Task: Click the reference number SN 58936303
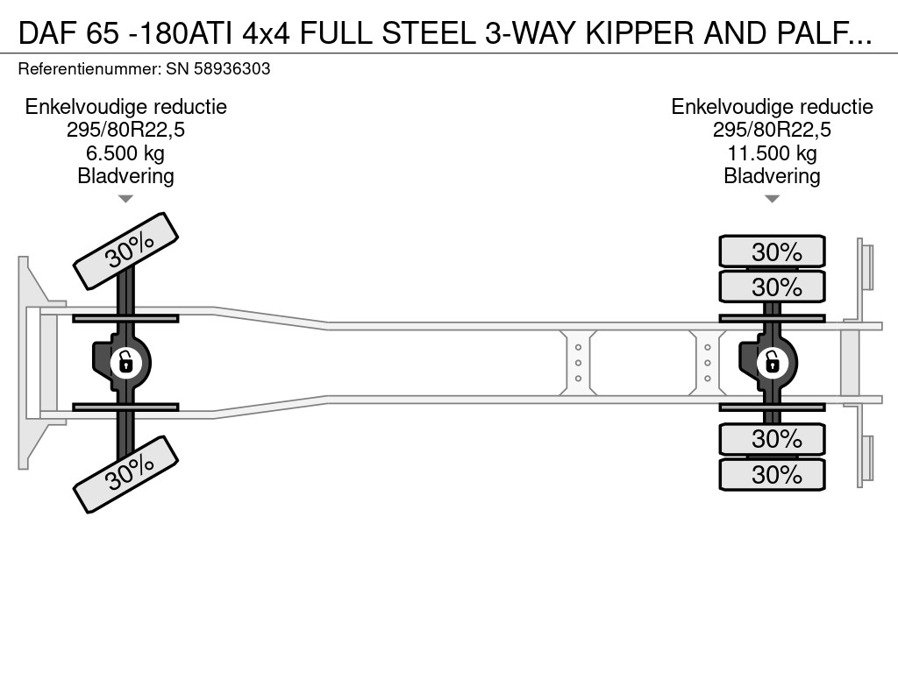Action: [217, 68]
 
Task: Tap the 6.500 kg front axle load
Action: [125, 153]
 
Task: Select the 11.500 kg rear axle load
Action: [772, 153]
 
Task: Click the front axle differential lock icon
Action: [125, 363]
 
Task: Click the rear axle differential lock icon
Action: [772, 363]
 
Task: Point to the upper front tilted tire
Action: [126, 251]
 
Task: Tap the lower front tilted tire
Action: [126, 474]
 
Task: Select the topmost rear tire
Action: [772, 251]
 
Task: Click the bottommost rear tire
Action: [772, 474]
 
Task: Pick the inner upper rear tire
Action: [772, 287]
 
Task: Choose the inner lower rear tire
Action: [772, 439]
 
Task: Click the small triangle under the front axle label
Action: [125, 199]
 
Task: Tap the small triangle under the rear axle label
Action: [772, 199]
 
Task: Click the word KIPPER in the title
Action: [639, 33]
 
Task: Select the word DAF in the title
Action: [48, 33]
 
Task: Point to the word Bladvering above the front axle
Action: [125, 176]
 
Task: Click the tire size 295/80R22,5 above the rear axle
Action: [772, 130]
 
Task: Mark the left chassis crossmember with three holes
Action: [578, 363]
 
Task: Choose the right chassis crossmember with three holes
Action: [708, 363]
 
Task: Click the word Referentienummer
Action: [89, 68]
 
